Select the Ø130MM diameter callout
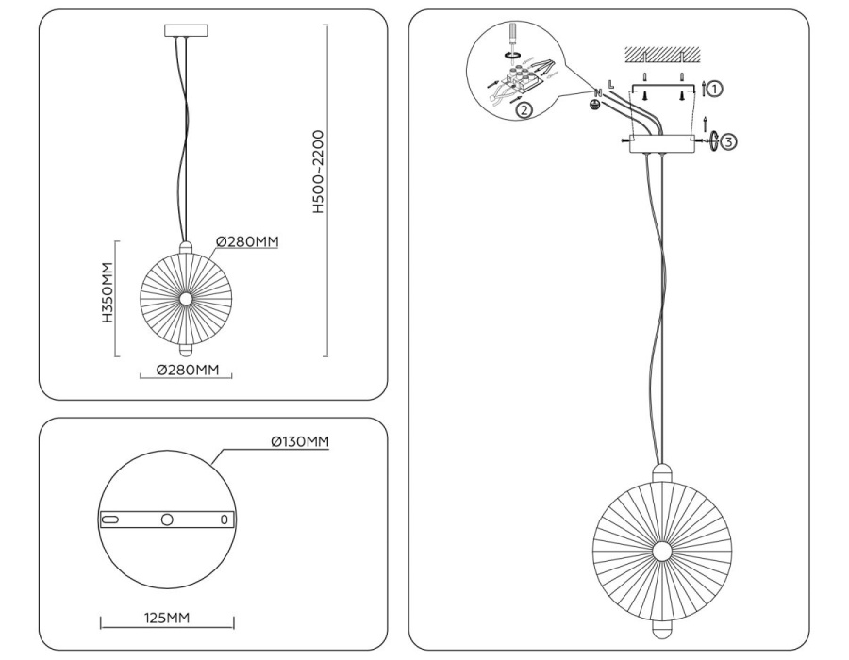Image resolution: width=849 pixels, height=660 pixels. pyautogui.click(x=299, y=441)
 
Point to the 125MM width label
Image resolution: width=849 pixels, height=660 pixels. pyautogui.click(x=167, y=618)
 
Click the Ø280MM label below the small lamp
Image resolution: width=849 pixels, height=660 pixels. pyautogui.click(x=186, y=369)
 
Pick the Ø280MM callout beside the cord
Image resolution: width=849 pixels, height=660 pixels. pyautogui.click(x=248, y=241)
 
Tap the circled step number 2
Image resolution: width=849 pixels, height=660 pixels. pyautogui.click(x=524, y=109)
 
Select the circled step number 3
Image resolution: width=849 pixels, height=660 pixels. pyautogui.click(x=728, y=142)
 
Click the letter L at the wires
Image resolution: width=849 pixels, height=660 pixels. pyautogui.click(x=611, y=86)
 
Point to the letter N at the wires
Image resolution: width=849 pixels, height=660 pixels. pyautogui.click(x=598, y=91)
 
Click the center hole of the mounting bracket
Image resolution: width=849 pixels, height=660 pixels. pyautogui.click(x=167, y=520)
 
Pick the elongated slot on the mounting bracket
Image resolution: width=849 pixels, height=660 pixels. pyautogui.click(x=111, y=520)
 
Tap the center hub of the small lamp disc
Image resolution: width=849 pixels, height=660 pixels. pyautogui.click(x=185, y=298)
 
